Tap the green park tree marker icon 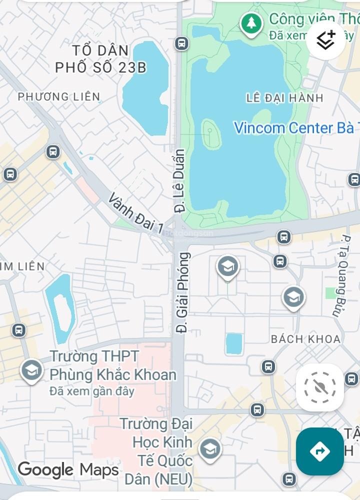click(251, 23)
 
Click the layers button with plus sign click(326, 39)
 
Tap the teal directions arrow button click(319, 451)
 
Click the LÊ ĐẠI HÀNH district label click(284, 98)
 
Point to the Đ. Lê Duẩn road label click(179, 180)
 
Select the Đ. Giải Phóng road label click(183, 293)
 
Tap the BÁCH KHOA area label click(305, 339)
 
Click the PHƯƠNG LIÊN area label click(59, 96)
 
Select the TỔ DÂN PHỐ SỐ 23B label click(100, 59)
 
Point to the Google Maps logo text click(68, 469)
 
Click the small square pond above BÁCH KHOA click(233, 343)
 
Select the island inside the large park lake click(211, 135)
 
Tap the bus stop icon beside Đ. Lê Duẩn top click(181, 43)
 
